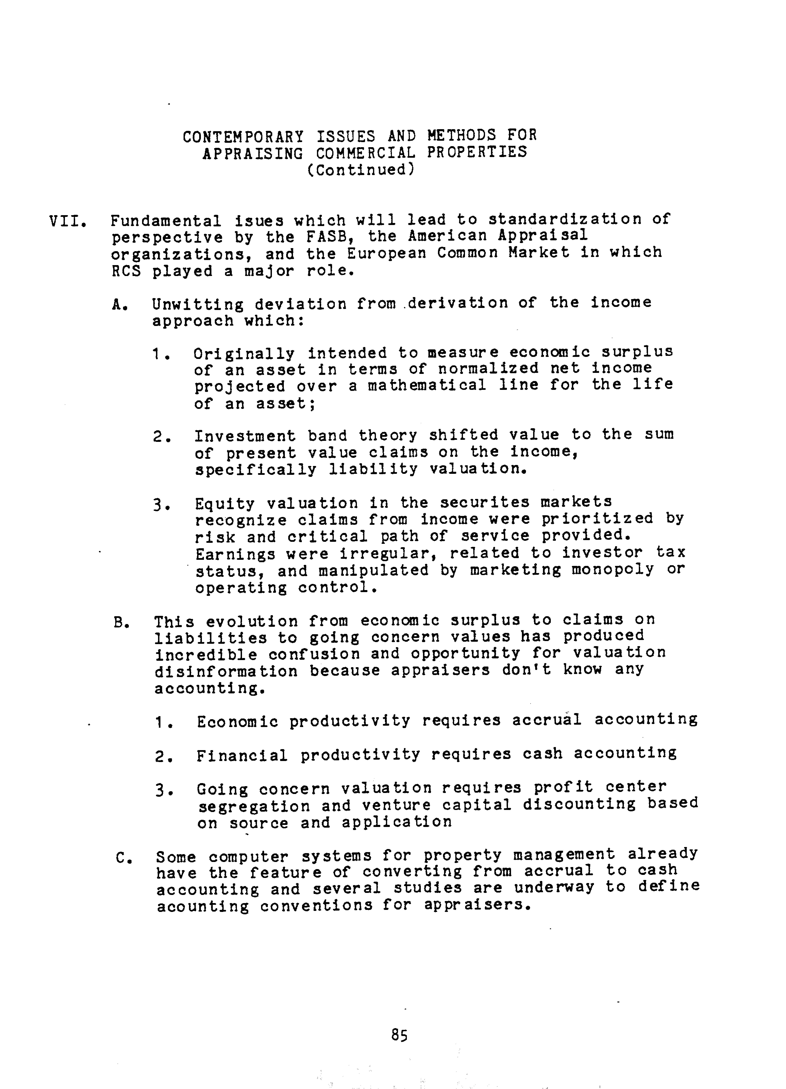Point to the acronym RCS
[126, 271]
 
